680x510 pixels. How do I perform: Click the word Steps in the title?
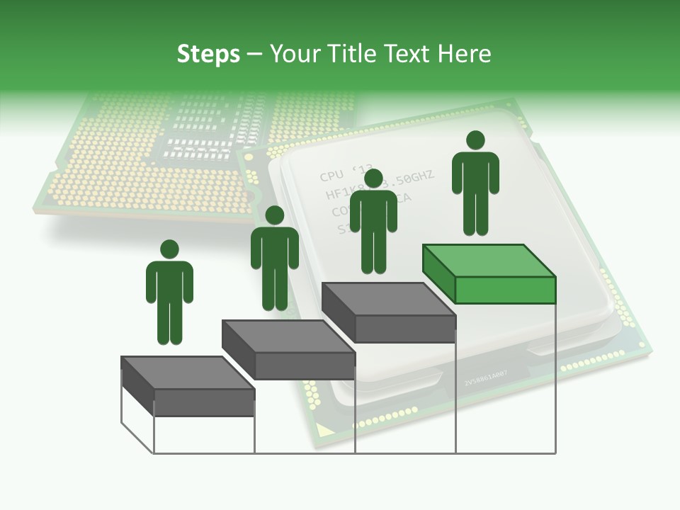208,55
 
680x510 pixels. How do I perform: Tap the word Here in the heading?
463,54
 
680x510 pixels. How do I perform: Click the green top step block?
489,273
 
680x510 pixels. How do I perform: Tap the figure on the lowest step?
169,297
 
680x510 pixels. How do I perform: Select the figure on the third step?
373,227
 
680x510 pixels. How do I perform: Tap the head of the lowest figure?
169,249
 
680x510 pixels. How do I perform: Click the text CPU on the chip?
331,176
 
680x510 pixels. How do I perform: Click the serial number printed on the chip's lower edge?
485,382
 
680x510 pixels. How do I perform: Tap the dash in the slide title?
255,55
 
